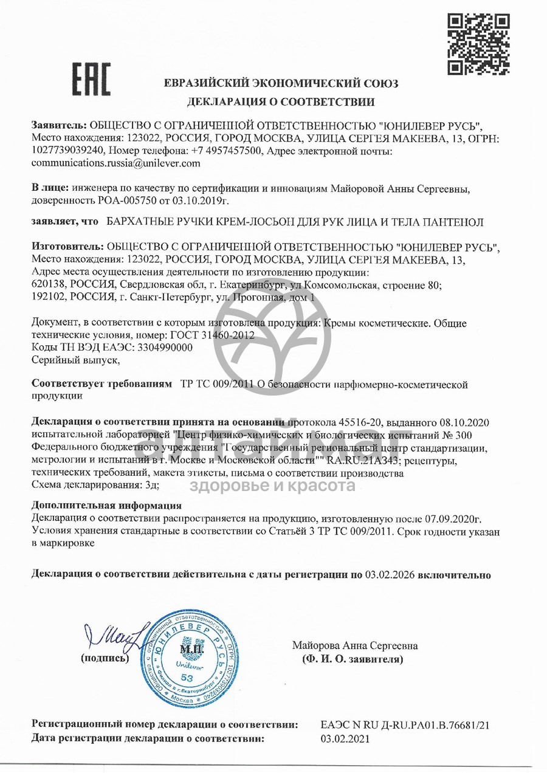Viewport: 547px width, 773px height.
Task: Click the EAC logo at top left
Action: pos(92,79)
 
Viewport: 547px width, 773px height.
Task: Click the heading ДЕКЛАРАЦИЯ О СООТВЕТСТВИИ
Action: pos(281,101)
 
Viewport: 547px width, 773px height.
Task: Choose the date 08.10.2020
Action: pos(467,422)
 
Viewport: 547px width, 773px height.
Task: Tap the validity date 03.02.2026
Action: pos(390,574)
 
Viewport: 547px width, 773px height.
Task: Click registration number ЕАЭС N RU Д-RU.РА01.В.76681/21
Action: pos(405,726)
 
